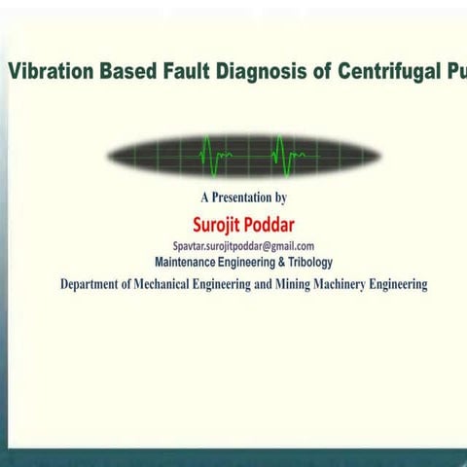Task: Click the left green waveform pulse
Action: click(215, 154)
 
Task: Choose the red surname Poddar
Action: click(270, 226)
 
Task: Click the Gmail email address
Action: click(243, 247)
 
